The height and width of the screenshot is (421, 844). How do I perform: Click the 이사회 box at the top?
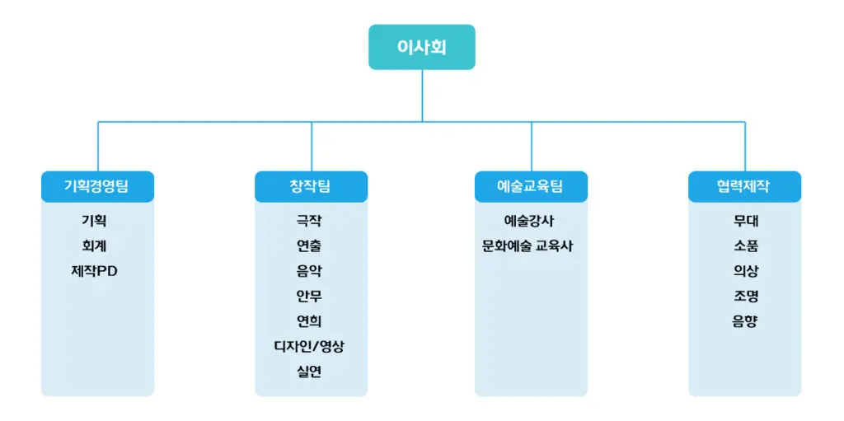click(421, 47)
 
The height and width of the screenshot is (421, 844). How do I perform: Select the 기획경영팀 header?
click(97, 186)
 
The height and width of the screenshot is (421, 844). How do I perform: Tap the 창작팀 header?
click(310, 186)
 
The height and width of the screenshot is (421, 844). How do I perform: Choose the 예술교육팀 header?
click(531, 186)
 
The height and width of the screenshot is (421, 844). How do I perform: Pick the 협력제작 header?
click(744, 186)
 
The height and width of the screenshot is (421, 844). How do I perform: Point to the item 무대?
click(745, 221)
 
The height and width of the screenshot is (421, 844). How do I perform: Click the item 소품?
click(745, 246)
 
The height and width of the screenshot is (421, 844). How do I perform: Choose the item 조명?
click(745, 296)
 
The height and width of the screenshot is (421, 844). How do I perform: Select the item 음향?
click(745, 321)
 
